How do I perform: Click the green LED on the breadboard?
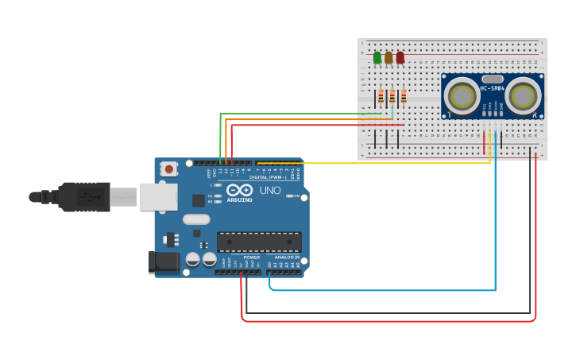[377, 57]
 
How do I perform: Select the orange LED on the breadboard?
[389, 57]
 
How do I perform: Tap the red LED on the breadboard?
[400, 57]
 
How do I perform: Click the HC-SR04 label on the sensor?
[491, 88]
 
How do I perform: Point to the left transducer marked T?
[461, 95]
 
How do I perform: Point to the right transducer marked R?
[522, 95]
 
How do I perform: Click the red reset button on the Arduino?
[169, 168]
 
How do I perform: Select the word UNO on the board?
[270, 191]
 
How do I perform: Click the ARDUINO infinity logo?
[239, 192]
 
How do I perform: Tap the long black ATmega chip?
[259, 241]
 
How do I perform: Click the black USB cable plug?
[83, 197]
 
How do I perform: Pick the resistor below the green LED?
[381, 97]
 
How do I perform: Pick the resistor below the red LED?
[404, 97]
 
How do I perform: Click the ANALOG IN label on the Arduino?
[287, 257]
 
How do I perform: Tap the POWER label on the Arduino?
[251, 257]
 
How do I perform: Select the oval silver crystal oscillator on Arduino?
[196, 219]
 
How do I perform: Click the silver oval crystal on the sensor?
[492, 79]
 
